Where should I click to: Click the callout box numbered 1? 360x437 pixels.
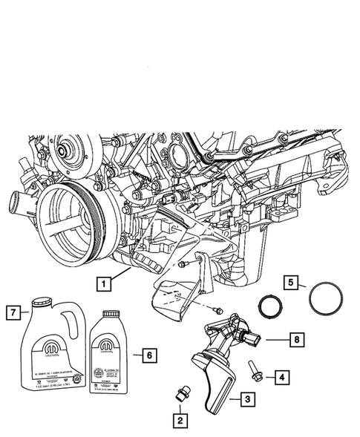[x=103, y=282]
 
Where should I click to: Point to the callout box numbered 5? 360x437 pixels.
[x=292, y=282]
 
